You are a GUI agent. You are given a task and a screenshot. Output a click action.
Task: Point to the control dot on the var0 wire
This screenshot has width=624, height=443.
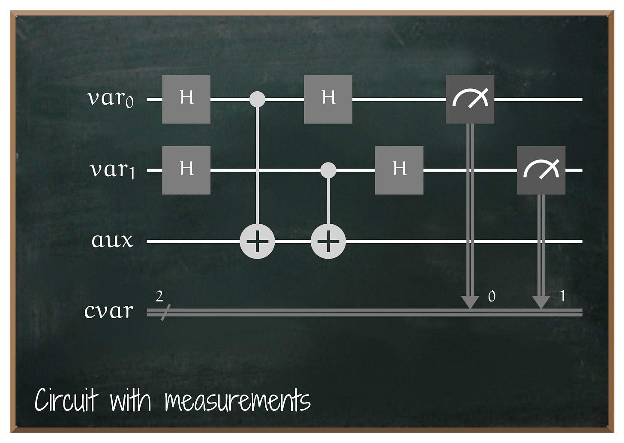tap(257, 99)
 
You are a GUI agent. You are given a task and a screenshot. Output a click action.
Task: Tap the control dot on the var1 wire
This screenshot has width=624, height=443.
tap(328, 170)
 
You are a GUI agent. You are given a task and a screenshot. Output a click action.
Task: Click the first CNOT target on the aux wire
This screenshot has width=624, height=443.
tap(257, 241)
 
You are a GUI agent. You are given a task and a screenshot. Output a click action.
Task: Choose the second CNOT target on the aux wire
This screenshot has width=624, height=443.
tap(328, 241)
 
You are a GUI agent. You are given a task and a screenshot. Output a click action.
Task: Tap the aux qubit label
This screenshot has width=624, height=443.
tap(112, 241)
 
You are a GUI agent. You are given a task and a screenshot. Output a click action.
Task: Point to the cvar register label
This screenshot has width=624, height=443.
tap(109, 311)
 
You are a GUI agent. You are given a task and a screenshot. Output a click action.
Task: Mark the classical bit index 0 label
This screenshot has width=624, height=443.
tap(492, 296)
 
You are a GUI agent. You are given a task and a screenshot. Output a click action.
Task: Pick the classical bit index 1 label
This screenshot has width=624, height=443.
tap(563, 296)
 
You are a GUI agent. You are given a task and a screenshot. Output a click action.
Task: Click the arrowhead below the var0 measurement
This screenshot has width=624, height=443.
tap(470, 302)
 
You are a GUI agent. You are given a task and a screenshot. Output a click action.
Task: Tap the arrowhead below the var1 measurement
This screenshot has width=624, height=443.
tap(541, 302)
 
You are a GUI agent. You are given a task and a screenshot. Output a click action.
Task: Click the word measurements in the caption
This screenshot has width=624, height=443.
tap(237, 401)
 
